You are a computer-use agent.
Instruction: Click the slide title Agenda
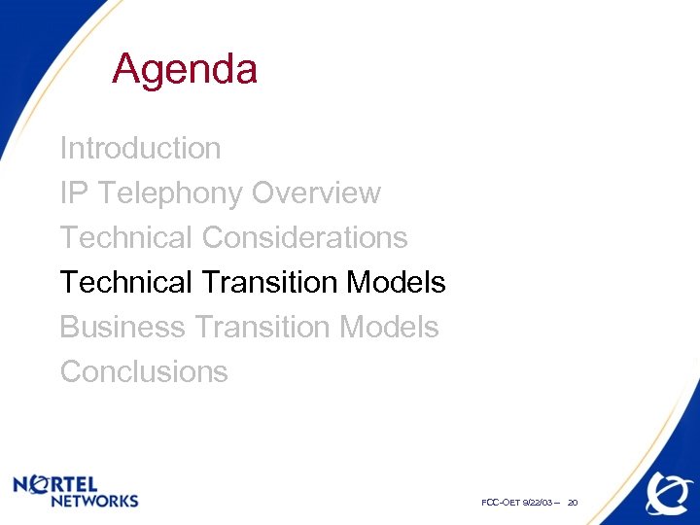tap(185, 70)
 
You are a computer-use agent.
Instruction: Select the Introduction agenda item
tap(141, 149)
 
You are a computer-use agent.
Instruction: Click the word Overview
tap(316, 193)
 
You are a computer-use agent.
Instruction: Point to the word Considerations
tap(304, 238)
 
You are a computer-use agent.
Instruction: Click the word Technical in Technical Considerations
tap(126, 238)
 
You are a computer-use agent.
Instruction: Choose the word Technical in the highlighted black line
tap(126, 283)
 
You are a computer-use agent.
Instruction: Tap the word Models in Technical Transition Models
tap(396, 283)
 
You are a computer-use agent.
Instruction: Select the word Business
tap(122, 328)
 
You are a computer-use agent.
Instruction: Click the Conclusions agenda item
tap(144, 372)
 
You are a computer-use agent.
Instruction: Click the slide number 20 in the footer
tap(573, 503)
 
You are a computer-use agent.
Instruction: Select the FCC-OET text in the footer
tap(500, 503)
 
